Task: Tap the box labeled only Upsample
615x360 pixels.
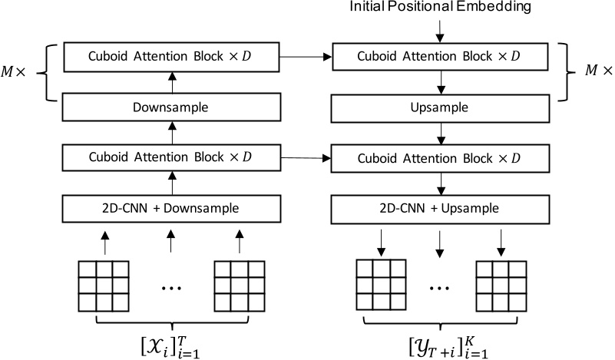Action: tap(438, 107)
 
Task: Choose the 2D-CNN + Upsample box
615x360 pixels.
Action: tap(438, 208)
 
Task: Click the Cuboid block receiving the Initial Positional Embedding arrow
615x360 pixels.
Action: tap(438, 57)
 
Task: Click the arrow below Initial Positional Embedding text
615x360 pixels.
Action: tap(438, 31)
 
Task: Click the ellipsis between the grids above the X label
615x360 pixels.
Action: tap(170, 288)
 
